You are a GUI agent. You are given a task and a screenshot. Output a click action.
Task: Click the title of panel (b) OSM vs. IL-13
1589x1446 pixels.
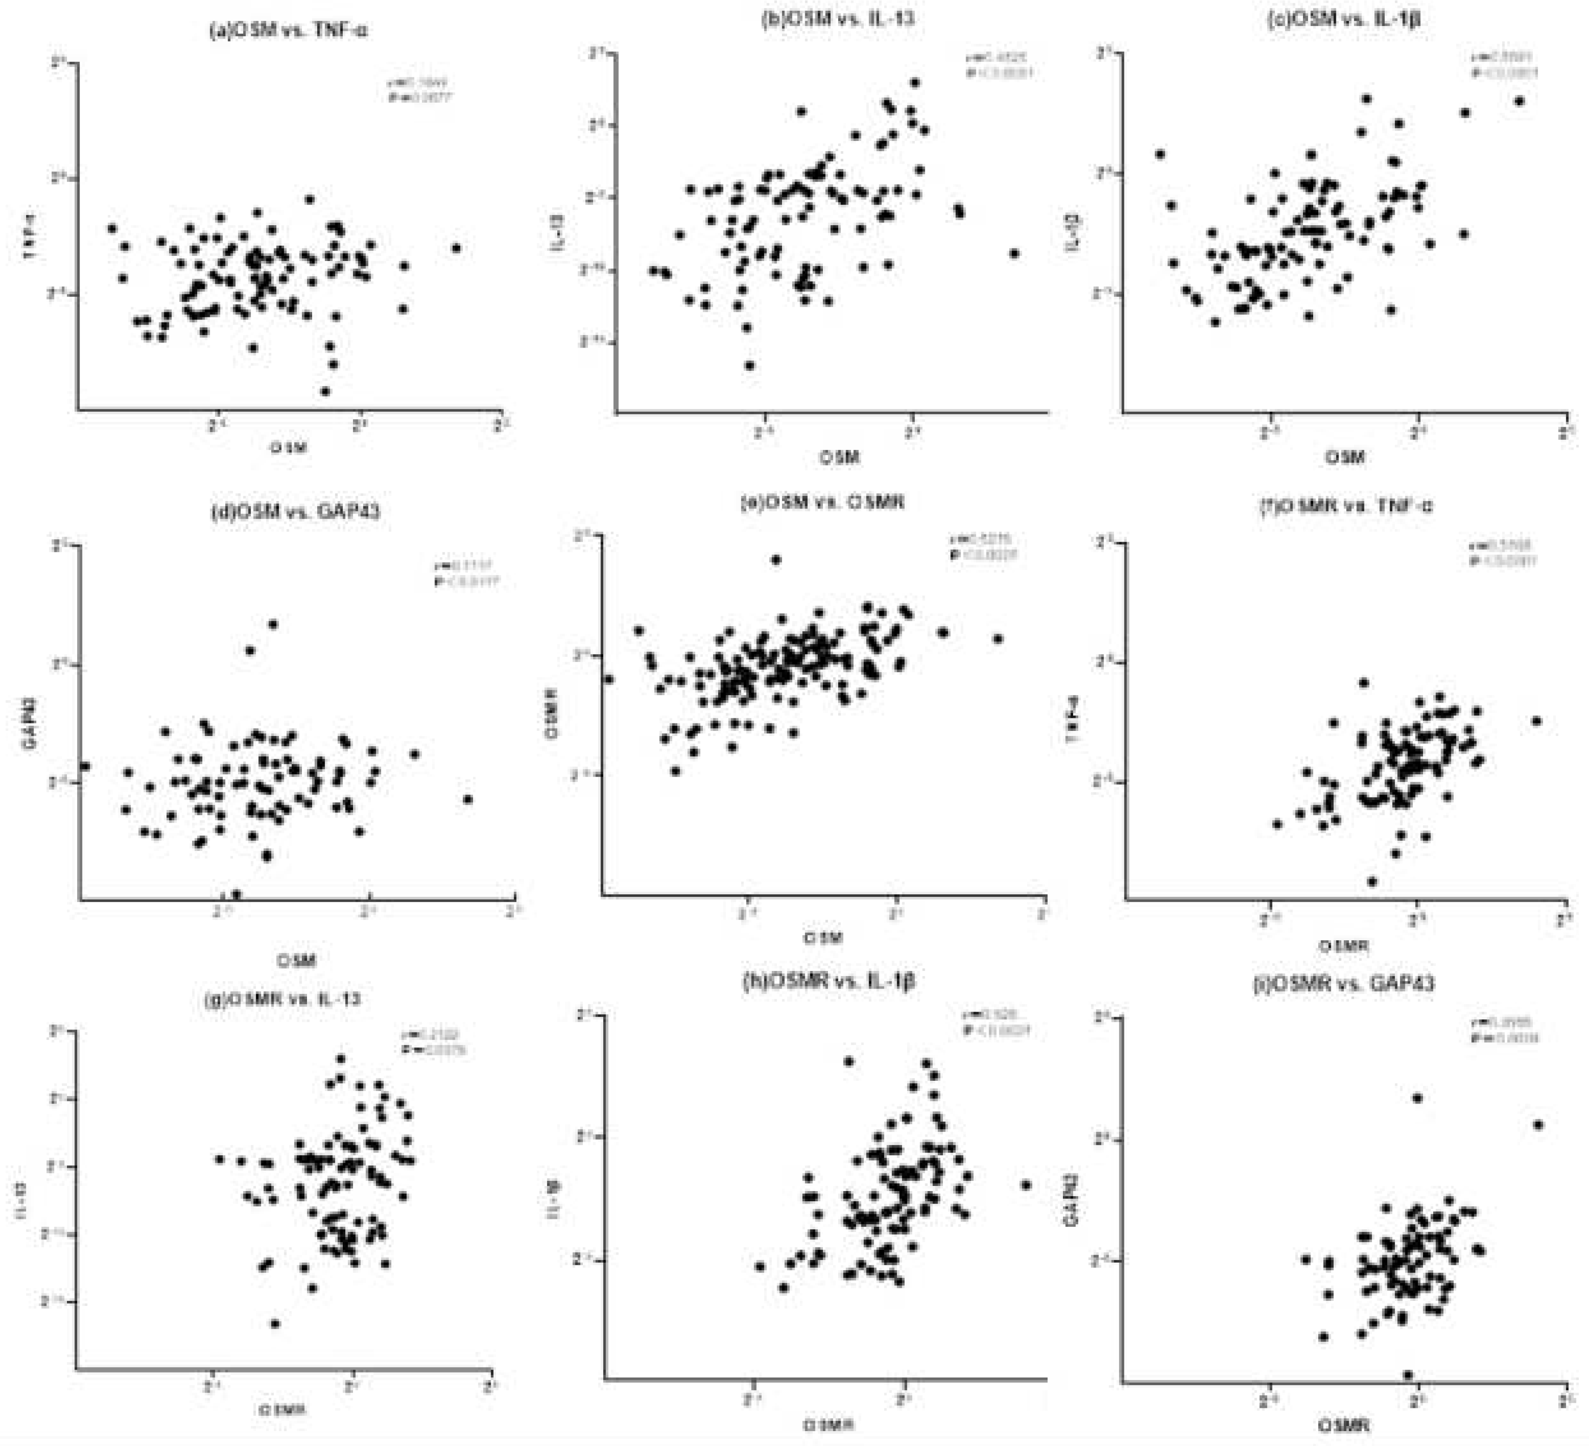837,18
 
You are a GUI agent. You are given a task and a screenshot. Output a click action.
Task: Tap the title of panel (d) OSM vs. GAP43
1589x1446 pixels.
295,511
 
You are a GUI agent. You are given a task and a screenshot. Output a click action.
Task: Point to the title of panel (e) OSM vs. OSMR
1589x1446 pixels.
821,502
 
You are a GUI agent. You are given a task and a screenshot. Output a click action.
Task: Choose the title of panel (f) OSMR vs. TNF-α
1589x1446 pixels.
1345,505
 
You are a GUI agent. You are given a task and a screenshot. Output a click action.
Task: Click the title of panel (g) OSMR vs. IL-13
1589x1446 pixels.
283,999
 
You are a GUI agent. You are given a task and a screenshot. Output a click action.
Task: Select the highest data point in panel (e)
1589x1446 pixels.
775,560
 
